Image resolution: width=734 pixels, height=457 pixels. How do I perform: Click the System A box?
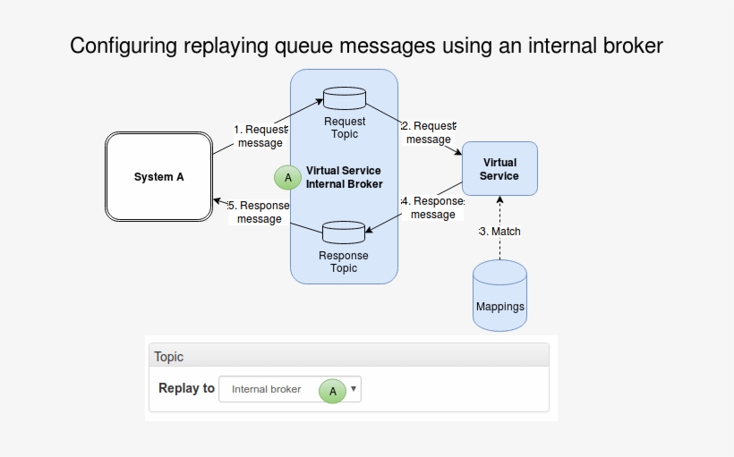(158, 177)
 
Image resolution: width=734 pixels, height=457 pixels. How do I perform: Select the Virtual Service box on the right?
(499, 169)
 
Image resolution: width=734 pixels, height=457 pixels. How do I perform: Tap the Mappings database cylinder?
(499, 296)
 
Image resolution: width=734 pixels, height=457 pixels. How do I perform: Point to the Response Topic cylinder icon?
(344, 233)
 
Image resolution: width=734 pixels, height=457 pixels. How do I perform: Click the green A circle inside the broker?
(288, 178)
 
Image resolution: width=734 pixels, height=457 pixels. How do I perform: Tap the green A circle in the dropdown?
(333, 391)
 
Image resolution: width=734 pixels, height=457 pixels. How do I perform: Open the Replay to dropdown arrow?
(354, 389)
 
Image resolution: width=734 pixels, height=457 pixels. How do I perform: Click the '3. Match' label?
(500, 232)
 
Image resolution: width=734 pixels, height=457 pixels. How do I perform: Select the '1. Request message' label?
(260, 136)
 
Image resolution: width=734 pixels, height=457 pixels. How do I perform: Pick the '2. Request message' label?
(429, 132)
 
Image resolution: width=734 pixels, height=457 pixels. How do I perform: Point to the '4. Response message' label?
(432, 207)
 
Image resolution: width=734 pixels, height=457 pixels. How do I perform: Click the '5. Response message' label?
(260, 212)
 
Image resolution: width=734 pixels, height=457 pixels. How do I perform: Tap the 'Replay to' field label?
(186, 388)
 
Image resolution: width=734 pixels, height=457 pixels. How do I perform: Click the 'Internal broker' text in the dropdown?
(267, 389)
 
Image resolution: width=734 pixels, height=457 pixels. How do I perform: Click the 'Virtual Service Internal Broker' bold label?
(344, 177)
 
